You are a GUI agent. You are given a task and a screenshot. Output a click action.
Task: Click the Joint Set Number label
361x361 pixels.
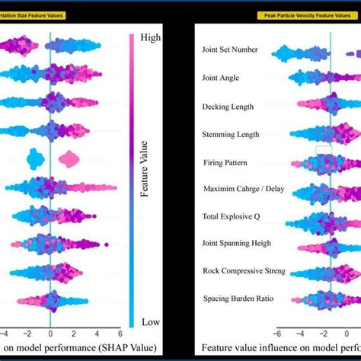click(230, 50)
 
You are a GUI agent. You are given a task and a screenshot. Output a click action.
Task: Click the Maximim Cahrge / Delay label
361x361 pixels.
click(240, 189)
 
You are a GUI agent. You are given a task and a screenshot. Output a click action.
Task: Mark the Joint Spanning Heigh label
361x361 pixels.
click(237, 244)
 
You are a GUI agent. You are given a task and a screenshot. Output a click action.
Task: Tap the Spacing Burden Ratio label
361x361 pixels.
click(237, 298)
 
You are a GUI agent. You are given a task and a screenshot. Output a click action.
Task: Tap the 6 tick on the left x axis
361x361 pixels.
click(120, 333)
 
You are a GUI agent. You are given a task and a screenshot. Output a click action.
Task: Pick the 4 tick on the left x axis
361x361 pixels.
click(97, 333)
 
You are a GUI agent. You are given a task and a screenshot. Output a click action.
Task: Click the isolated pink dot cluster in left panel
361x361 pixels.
click(69, 159)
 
